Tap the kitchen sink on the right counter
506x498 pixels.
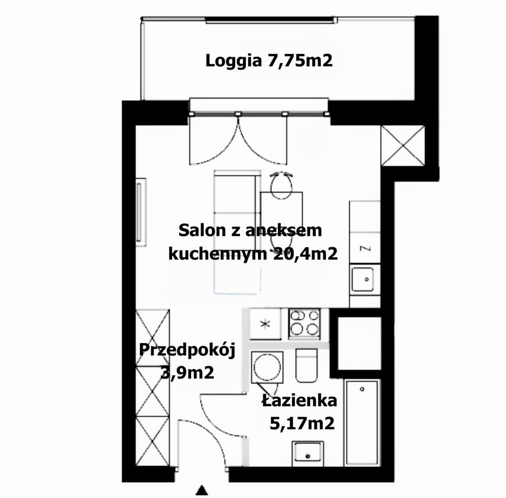coord(362,279)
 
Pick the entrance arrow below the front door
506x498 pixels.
coord(201,491)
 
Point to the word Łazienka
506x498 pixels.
coord(299,400)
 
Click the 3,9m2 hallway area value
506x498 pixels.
coord(187,372)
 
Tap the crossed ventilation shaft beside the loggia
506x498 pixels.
coord(402,145)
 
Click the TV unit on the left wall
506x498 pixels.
coord(142,212)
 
